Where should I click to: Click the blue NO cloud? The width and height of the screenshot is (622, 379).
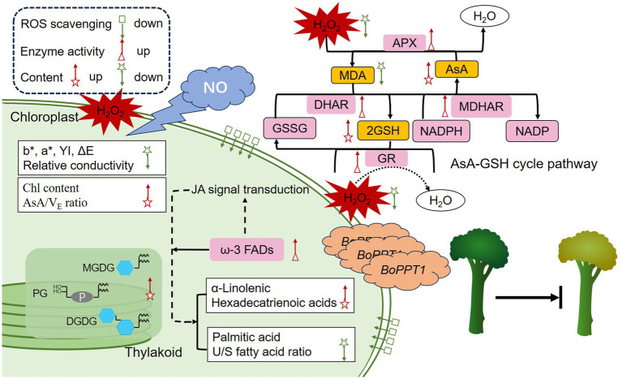pos(217,87)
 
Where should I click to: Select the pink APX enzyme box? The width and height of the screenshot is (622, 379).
pos(404,42)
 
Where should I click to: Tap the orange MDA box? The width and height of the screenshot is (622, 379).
pos(353,75)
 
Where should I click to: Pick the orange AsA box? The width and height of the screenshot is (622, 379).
pos(457,69)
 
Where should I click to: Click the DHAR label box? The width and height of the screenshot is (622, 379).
pos(331,105)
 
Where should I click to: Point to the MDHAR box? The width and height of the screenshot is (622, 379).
pos(481,106)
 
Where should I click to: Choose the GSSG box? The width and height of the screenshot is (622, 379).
pos(290,128)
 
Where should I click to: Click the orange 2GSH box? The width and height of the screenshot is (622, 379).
pos(383,131)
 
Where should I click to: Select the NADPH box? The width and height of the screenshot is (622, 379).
pos(441,131)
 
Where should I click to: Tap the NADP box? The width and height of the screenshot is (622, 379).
pos(532,131)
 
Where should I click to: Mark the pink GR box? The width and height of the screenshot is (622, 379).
pos(386,158)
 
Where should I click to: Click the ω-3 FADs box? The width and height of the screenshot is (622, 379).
pos(247,250)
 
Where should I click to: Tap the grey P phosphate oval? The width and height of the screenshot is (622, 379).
pos(82,296)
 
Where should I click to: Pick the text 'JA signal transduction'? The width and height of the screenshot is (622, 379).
pos(250,190)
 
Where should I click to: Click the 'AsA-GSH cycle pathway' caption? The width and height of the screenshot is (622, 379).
pos(524,163)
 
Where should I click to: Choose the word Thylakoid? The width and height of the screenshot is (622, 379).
pos(153,352)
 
